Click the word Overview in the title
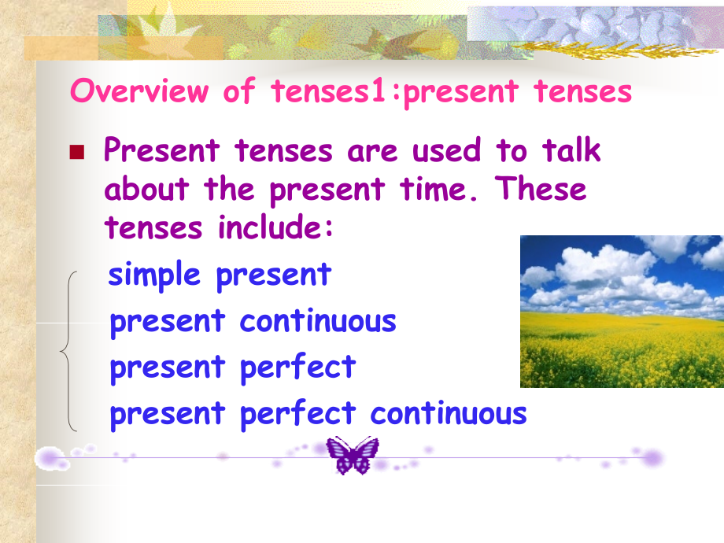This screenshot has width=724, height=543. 139,90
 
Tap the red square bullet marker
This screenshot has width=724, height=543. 76,152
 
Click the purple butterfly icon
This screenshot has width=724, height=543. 353,456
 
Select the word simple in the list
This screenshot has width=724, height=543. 154,275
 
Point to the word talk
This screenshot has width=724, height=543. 571,150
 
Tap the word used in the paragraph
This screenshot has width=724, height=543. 446,150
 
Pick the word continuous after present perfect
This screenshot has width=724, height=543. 449,413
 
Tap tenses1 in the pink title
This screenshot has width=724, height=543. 328,90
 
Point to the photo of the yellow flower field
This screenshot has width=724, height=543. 622,312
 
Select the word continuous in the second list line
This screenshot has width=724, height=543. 318,321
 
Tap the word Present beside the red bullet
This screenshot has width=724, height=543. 161,150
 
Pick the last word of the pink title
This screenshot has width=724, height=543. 582,91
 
